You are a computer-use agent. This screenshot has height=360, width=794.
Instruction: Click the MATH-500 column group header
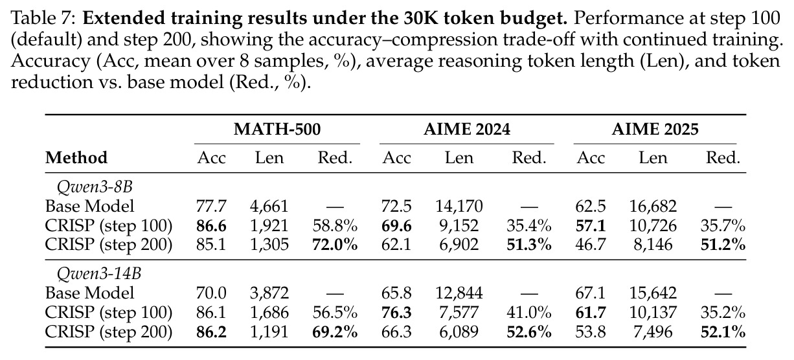pos(277,129)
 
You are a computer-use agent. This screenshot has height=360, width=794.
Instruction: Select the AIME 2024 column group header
pos(467,129)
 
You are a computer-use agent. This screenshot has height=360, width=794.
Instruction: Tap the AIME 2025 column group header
pos(655,129)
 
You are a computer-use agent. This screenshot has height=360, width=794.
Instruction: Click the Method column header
pos(76,158)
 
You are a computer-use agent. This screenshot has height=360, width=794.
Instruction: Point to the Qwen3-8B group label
pos(95,186)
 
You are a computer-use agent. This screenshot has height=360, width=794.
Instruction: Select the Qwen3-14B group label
pos(99,273)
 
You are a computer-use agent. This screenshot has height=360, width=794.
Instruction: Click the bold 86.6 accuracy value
pos(211,226)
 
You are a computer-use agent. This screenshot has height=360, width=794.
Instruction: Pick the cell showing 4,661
pos(269,207)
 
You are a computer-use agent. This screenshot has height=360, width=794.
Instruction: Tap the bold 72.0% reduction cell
pos(335,245)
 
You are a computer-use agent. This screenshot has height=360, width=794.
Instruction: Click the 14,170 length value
pos(459,207)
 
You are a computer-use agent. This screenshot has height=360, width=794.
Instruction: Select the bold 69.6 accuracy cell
pos(396,226)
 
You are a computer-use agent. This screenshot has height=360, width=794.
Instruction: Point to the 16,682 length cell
pos(653,207)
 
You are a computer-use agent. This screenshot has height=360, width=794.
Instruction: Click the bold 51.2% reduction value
pos(723,245)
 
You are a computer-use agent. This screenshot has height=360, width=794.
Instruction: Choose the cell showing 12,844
pos(459,293)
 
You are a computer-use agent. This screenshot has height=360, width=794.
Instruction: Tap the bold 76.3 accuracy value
pos(396,313)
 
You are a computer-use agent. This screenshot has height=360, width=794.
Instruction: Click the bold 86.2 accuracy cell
pos(211,332)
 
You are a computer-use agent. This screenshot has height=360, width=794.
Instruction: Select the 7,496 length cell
pos(653,332)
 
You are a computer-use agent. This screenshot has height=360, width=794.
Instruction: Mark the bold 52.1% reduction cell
pos(723,332)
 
